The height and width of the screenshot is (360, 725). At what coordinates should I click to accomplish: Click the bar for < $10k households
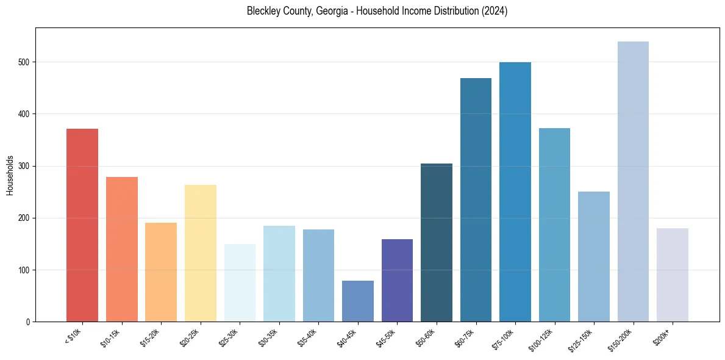(82, 225)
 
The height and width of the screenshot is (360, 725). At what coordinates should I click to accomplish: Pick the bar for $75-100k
(515, 192)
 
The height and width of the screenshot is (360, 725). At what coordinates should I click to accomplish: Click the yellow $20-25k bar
(200, 253)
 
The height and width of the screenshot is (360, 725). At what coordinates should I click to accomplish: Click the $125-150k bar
(593, 256)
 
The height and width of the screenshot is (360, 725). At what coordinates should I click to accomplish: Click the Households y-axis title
(10, 175)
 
